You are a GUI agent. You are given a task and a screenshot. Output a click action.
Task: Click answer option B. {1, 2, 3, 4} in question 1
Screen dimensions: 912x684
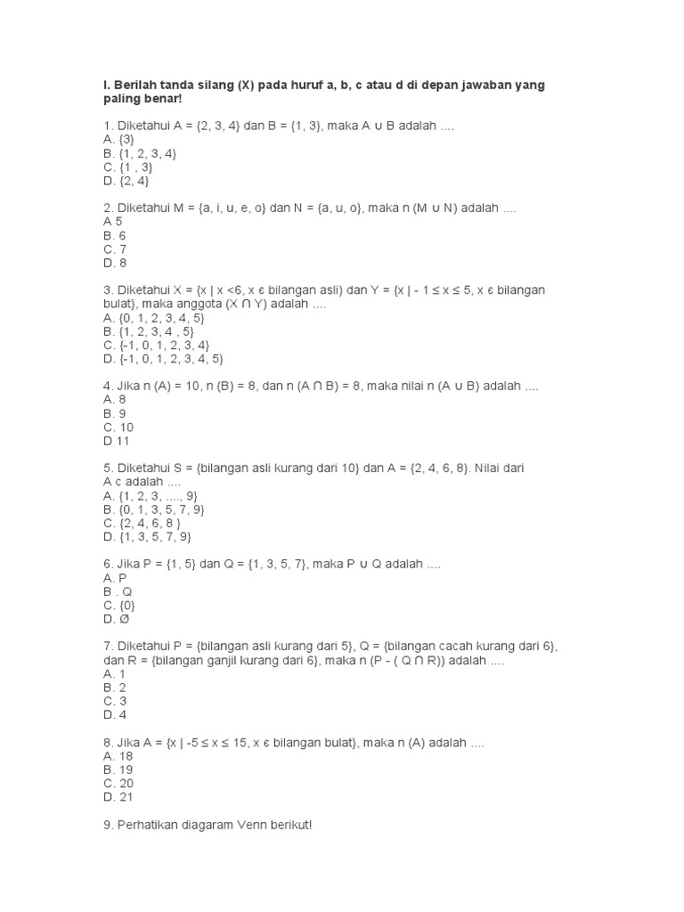140,153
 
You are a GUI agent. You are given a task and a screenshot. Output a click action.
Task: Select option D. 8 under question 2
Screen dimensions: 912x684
115,263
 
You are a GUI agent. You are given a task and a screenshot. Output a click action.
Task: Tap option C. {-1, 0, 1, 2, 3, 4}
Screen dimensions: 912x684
156,345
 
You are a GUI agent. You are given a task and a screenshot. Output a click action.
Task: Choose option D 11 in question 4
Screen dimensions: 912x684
117,440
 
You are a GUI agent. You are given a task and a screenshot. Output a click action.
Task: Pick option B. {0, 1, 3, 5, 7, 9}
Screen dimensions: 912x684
154,509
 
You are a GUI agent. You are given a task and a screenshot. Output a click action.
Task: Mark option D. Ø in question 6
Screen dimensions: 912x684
116,619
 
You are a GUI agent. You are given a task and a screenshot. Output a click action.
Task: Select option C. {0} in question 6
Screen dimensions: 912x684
119,605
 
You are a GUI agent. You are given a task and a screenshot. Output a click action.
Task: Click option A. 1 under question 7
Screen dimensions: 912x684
115,673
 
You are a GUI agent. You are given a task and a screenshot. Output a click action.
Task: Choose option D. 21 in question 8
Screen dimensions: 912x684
118,797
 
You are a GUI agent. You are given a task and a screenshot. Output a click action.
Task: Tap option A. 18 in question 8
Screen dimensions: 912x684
118,755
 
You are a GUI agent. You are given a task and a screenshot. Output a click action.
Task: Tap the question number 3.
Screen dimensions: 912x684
107,289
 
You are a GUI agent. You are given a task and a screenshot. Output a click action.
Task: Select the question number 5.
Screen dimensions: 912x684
107,467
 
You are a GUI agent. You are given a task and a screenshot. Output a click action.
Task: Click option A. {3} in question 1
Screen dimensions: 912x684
119,140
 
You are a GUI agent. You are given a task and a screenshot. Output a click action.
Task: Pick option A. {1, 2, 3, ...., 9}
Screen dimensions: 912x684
151,495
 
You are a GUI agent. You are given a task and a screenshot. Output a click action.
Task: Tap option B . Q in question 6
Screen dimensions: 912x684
118,591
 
